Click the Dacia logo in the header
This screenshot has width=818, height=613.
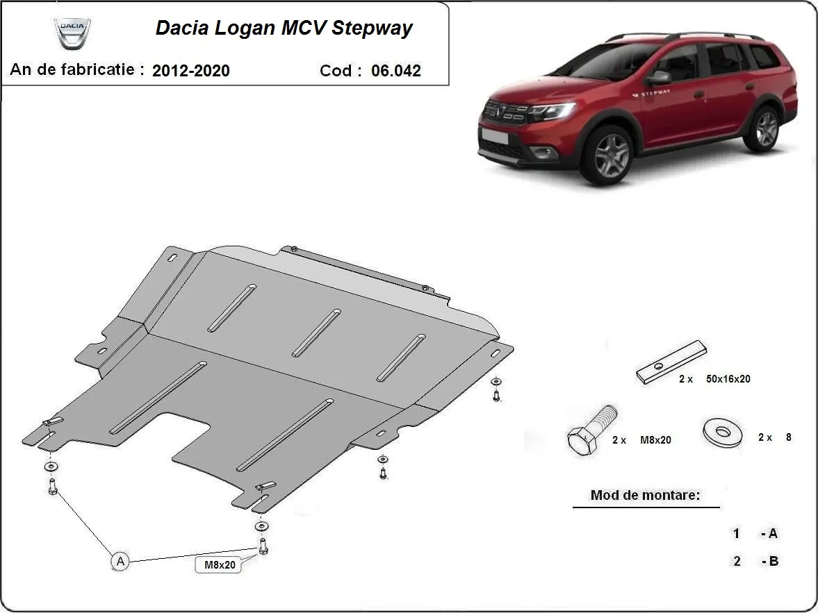click(72, 34)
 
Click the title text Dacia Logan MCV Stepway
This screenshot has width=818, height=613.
click(284, 28)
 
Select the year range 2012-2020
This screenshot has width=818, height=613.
click(190, 70)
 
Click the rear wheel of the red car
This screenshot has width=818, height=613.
click(766, 128)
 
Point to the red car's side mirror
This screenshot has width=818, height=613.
click(659, 76)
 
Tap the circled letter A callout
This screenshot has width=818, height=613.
click(120, 561)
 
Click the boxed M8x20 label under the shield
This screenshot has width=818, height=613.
click(220, 564)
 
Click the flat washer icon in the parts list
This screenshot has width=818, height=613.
click(722, 433)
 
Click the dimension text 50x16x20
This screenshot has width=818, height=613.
click(728, 379)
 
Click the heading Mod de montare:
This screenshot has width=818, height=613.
click(645, 496)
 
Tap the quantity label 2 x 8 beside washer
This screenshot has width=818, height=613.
click(774, 437)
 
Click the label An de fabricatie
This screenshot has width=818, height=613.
click(77, 69)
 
